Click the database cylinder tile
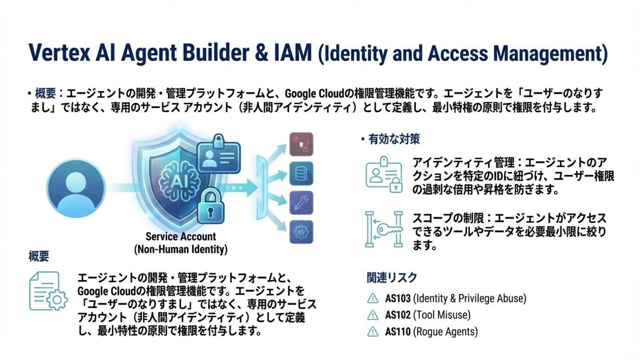click(x=301, y=173)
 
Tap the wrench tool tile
click(x=301, y=203)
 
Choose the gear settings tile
click(x=301, y=232)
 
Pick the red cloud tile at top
click(x=301, y=144)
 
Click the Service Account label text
click(x=180, y=236)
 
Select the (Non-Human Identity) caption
click(x=180, y=249)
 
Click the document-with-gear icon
click(x=48, y=291)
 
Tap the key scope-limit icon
click(x=384, y=229)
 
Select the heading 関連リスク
click(x=392, y=278)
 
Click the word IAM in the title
click(x=291, y=52)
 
